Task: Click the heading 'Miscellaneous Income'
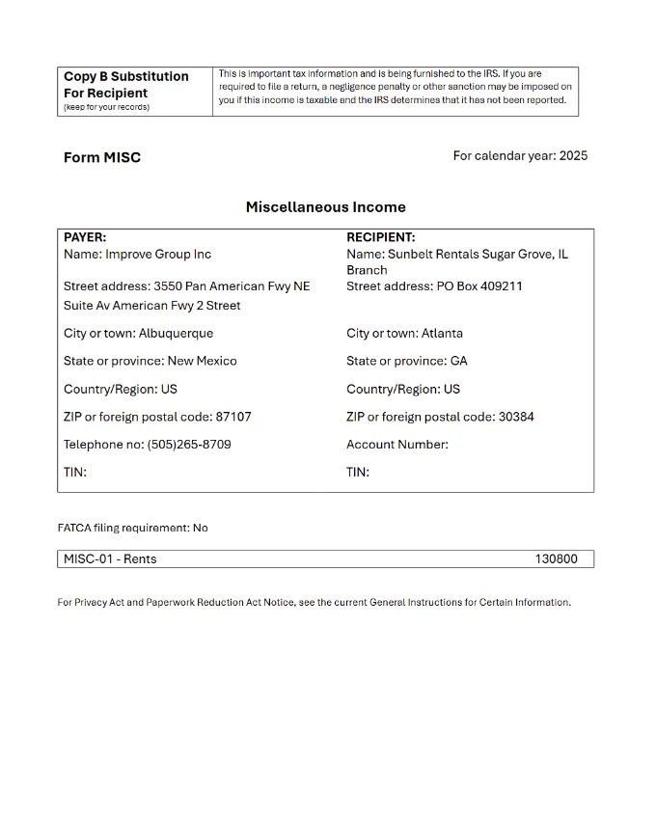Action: click(325, 207)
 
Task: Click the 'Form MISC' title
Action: click(102, 157)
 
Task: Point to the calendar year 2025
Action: click(572, 156)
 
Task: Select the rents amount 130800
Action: click(556, 558)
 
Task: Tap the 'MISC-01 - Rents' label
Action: click(110, 558)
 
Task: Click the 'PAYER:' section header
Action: click(85, 237)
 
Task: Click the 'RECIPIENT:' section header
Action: click(381, 237)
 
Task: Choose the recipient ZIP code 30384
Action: click(516, 417)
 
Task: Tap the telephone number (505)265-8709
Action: click(188, 445)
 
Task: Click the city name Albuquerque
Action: click(176, 334)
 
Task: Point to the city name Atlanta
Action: click(442, 334)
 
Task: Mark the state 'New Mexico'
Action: click(202, 362)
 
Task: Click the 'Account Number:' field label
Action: click(397, 445)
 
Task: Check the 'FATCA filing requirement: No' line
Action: click(133, 528)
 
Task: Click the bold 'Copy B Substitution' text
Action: click(126, 76)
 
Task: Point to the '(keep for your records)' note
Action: click(106, 107)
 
